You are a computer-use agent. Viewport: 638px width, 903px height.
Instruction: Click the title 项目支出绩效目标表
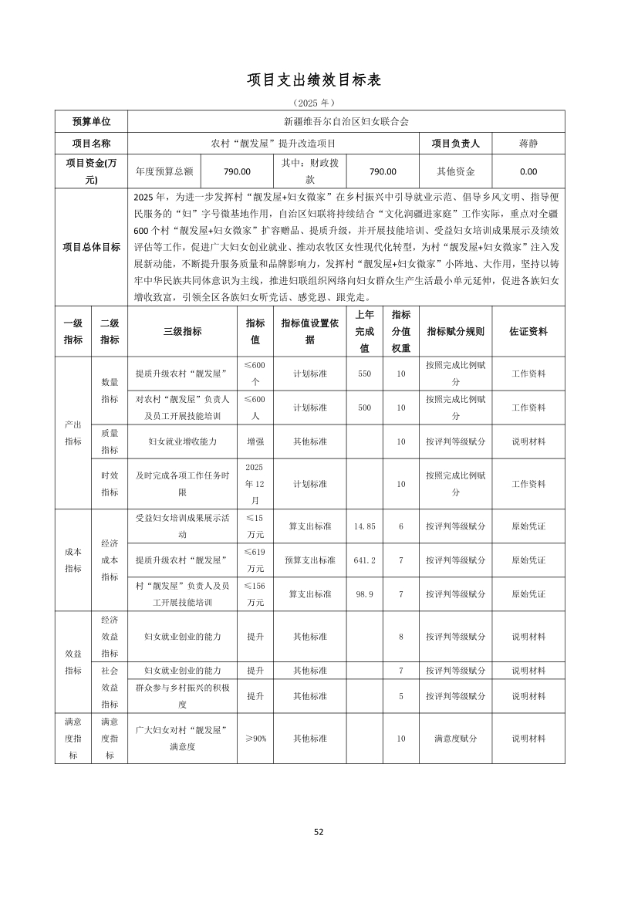coord(314,79)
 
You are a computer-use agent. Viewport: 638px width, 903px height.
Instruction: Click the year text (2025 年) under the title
coord(314,102)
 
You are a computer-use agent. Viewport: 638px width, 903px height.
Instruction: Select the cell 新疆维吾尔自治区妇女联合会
coord(346,121)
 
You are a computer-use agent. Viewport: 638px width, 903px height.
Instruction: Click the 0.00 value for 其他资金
coord(528,172)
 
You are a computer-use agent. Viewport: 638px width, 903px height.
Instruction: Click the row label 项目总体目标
coord(92,247)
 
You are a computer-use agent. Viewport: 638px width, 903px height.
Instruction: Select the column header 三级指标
coord(183,331)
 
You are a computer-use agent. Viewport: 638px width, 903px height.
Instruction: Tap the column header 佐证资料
coord(528,331)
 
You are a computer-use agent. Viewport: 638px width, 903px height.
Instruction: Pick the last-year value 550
coord(364,374)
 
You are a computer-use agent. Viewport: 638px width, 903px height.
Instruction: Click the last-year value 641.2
coord(364,560)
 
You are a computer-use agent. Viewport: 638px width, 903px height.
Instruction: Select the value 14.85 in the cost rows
coord(364,526)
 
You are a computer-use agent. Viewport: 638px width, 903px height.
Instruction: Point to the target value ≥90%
coord(255,739)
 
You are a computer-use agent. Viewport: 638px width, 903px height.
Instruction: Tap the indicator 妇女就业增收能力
coord(183,441)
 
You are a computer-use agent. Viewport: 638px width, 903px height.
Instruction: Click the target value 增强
coord(255,441)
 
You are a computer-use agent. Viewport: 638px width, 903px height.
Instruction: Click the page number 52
coord(319,832)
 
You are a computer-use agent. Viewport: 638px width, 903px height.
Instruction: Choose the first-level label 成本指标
coord(73,560)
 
